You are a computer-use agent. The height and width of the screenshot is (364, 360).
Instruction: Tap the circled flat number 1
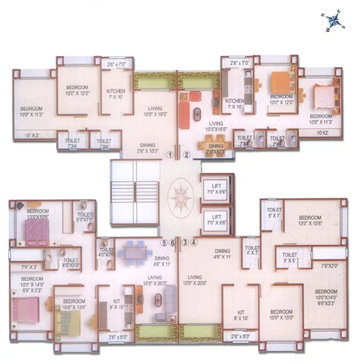169,155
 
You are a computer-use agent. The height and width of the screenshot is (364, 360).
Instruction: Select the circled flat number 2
187,155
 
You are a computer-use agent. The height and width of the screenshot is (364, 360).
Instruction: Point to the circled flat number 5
165,242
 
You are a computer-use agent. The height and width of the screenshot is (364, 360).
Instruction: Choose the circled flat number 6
173,242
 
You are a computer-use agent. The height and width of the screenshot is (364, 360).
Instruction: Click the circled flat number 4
194,242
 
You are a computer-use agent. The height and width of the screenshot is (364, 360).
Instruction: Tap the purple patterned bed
35,233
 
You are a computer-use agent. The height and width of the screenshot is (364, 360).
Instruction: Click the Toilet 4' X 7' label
252,250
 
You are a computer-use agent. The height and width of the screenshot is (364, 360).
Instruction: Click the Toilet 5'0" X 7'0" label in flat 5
85,216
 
